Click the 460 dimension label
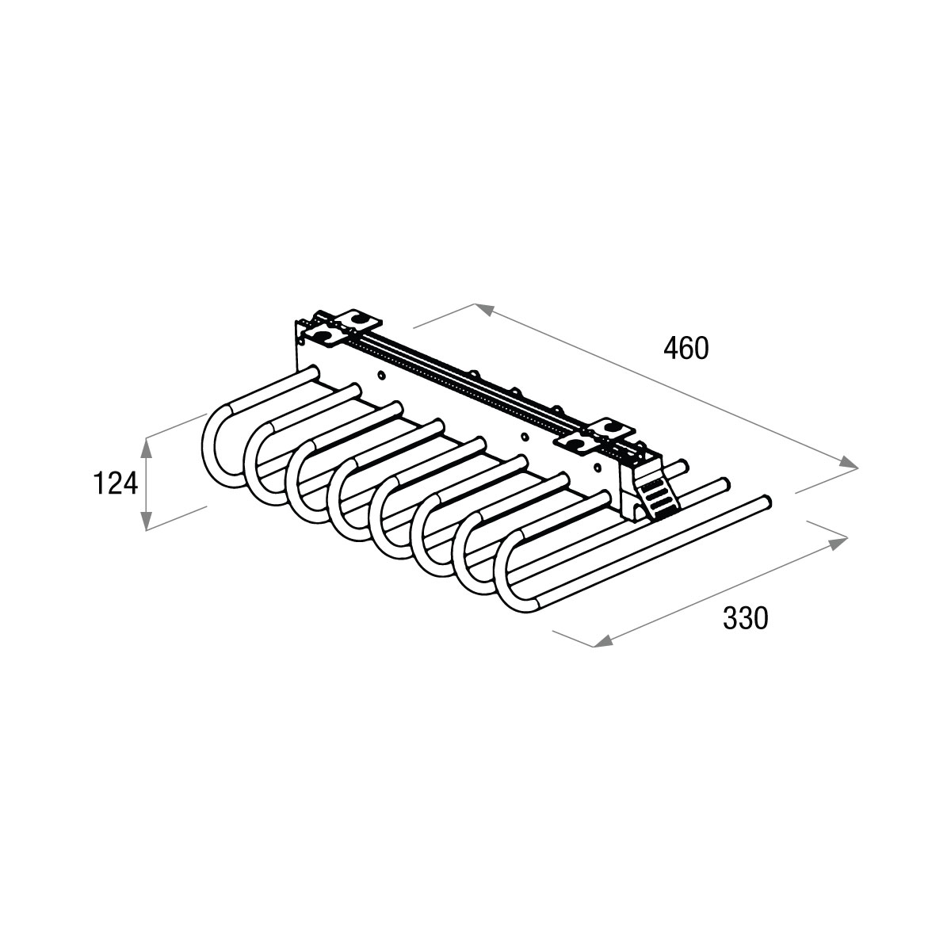coord(686,348)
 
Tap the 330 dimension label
coord(745,617)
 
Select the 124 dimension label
coord(116,483)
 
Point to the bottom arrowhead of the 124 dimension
coord(146,520)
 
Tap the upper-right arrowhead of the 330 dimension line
coord(838,544)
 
